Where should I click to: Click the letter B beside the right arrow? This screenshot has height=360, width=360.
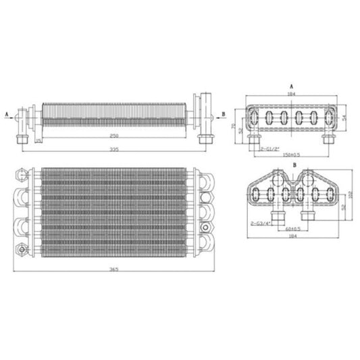pos(223,113)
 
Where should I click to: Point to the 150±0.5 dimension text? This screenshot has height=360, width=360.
pos(292,153)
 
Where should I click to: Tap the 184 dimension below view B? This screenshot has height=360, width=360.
pos(292,236)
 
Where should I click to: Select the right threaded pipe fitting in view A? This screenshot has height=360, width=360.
pos(328,140)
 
